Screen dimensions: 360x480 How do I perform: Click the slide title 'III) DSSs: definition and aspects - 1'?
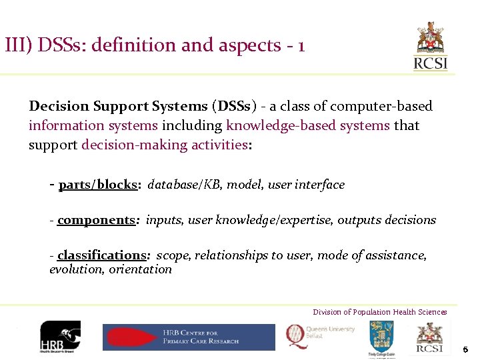(155, 45)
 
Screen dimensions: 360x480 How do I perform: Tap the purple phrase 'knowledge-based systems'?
(307, 125)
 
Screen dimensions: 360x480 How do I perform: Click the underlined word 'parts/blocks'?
(97, 185)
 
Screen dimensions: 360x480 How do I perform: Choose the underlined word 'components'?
(96, 220)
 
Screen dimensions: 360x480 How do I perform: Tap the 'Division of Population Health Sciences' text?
(380, 312)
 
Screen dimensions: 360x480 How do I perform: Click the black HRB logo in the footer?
(60, 337)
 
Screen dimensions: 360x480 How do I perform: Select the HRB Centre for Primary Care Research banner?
(189, 337)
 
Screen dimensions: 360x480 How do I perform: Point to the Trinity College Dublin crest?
(381, 337)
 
